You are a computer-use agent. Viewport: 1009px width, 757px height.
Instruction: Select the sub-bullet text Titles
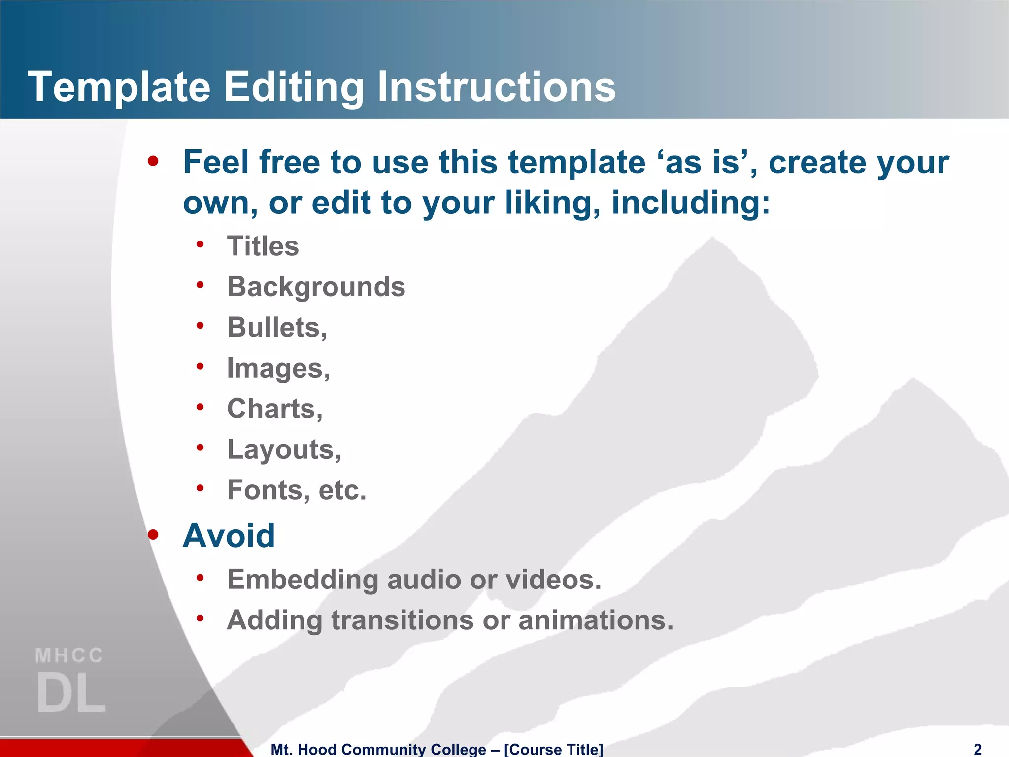(x=263, y=246)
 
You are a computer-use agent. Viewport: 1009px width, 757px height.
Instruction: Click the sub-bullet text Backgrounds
(x=316, y=287)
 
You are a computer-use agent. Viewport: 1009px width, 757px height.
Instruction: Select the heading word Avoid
(x=229, y=536)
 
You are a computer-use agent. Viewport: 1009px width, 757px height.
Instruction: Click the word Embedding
(x=302, y=580)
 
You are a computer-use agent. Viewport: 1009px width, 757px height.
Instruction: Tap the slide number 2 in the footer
(x=978, y=749)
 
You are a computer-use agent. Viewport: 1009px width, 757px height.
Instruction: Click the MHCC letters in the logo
(x=69, y=655)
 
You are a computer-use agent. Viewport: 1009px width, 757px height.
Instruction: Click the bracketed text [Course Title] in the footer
(x=553, y=749)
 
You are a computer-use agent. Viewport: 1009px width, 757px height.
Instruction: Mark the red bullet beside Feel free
(x=153, y=161)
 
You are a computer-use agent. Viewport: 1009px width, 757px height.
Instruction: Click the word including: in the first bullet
(x=690, y=203)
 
